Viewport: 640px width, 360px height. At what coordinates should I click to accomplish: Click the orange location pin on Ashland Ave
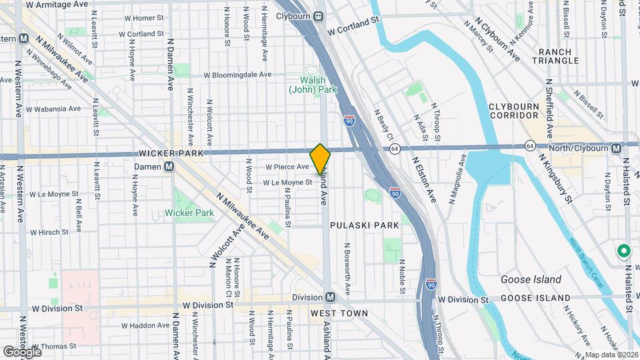(320, 159)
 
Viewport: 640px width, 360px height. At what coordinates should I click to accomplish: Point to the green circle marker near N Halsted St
(623, 251)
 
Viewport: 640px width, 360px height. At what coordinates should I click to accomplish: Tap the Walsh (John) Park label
(313, 85)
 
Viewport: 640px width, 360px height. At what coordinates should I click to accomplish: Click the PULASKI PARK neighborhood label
(368, 225)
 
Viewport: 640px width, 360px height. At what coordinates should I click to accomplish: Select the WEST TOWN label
(339, 313)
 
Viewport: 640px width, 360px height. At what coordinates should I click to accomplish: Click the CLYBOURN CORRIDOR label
(523, 111)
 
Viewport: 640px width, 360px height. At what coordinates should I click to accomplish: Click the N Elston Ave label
(423, 179)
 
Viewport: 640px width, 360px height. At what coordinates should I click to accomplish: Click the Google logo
(21, 351)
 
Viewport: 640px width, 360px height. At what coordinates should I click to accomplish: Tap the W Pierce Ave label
(287, 167)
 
